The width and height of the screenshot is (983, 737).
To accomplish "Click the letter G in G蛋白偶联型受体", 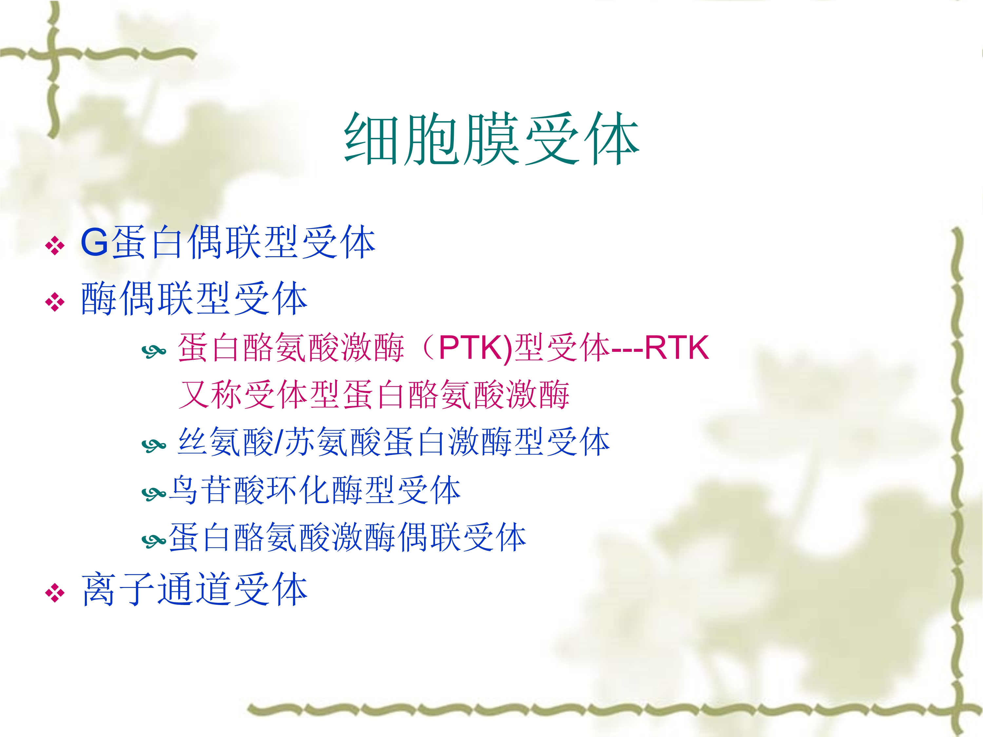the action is pyautogui.click(x=95, y=243).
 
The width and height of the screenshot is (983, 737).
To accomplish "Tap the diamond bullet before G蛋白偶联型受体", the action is pyautogui.click(x=55, y=246).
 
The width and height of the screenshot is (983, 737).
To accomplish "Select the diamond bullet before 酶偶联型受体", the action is pyautogui.click(x=55, y=302).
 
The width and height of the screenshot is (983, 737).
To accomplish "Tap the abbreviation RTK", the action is pyautogui.click(x=676, y=348).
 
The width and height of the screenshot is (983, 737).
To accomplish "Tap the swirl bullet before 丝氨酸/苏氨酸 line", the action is pyautogui.click(x=154, y=445).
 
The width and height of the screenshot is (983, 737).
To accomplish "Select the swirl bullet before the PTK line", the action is pyautogui.click(x=154, y=352).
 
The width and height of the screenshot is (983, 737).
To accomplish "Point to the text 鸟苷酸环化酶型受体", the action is pyautogui.click(x=315, y=490).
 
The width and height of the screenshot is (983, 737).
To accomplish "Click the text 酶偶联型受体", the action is pyautogui.click(x=194, y=298).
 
